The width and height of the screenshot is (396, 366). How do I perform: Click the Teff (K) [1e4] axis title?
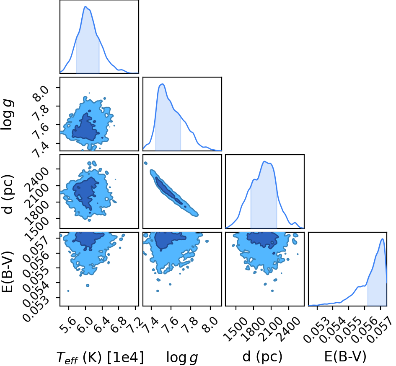[100, 357]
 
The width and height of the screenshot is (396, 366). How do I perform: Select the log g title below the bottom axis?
[182, 358]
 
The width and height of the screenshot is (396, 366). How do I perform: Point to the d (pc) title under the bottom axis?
[262, 357]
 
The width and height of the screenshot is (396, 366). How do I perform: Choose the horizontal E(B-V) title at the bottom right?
[345, 357]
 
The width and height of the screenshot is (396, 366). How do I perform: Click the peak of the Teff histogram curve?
[85, 7]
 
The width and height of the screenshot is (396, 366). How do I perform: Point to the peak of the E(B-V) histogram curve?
[382, 239]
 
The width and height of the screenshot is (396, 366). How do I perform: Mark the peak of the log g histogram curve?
[162, 84]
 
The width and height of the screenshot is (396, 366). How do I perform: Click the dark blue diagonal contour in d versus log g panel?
[168, 191]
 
